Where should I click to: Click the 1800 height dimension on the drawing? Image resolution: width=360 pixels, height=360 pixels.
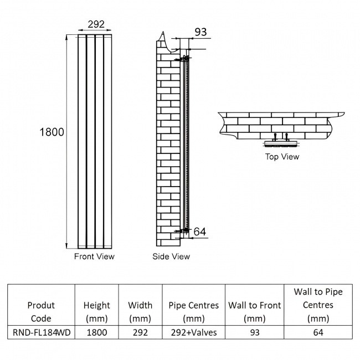coord(52,132)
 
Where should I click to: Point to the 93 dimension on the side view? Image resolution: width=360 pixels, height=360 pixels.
coord(200,32)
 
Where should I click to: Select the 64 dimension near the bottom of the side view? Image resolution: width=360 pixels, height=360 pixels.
coord(200,232)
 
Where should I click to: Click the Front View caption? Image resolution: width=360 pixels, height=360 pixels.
coord(94,256)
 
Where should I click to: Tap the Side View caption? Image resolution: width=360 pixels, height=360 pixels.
coord(171,256)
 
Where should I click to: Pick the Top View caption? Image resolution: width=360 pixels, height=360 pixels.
coord(282,157)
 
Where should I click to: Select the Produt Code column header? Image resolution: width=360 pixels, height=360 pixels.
coord(41,312)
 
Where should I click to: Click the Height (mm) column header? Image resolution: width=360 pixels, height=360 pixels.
coord(96,312)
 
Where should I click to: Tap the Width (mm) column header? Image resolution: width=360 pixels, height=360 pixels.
coord(140,312)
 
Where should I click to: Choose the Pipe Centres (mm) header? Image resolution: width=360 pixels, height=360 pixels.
coord(193,312)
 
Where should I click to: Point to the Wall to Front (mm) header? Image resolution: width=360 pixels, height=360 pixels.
coord(254,312)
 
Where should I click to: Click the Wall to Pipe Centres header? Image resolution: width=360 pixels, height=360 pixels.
coord(318,305)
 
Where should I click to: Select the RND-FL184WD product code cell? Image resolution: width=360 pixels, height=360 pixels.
coord(41,332)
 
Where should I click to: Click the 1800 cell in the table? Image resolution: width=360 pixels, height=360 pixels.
coord(96,332)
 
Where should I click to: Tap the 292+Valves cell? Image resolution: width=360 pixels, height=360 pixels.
coord(193,332)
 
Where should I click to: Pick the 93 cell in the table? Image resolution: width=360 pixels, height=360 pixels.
coord(254,332)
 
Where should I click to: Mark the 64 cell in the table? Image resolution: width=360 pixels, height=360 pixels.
coord(318,332)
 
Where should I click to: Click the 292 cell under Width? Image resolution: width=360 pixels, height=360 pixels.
coord(140,332)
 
